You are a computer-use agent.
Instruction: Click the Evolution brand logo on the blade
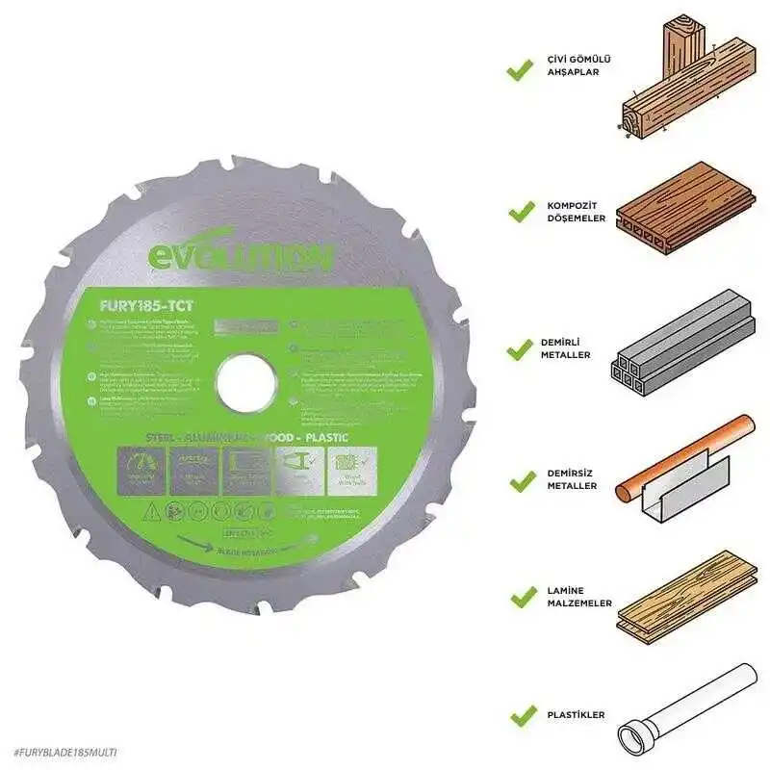pos(240,257)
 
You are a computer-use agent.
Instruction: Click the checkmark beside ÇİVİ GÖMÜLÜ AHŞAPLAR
pos(521,68)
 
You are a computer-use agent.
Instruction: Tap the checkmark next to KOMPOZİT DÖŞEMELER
pos(521,208)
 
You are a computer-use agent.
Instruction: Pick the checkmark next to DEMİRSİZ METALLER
pos(521,477)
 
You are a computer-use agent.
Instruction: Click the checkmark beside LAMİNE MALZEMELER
pos(521,597)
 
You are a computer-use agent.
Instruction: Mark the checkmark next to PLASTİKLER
pos(521,715)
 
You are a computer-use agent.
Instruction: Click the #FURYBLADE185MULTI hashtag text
pos(66,749)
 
